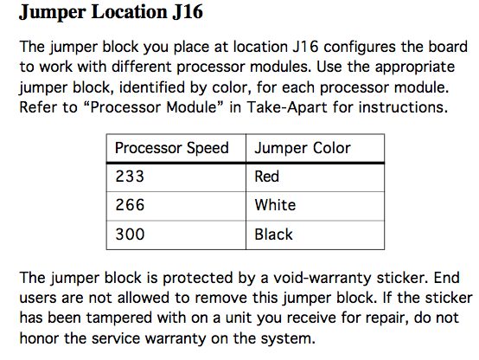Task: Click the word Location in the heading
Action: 130,12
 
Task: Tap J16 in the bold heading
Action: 188,12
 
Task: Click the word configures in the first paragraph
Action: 360,48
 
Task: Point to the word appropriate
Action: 415,67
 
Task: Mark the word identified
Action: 152,87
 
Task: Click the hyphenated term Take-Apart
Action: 287,107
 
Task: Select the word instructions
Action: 403,107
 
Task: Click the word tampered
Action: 119,318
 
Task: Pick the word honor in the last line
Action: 39,338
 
